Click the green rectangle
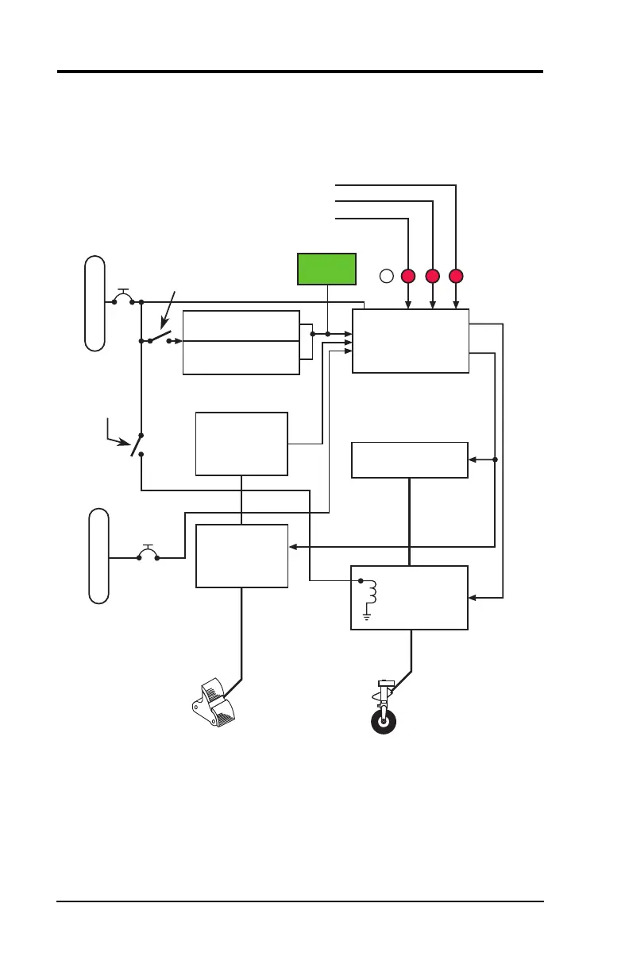coord(326,269)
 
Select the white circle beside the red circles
coord(386,277)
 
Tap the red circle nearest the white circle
coord(408,277)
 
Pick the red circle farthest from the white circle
coord(456,277)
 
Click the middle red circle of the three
coord(432,277)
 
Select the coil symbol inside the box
coord(370,593)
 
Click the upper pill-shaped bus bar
coord(95,303)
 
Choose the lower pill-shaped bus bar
coord(98,556)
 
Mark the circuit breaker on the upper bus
coord(123,299)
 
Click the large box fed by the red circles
coord(411,340)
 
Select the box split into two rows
coord(241,342)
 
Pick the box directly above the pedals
coord(241,556)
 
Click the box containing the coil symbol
coord(410,598)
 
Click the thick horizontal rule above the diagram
coord(300,72)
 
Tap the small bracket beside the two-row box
coord(306,341)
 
